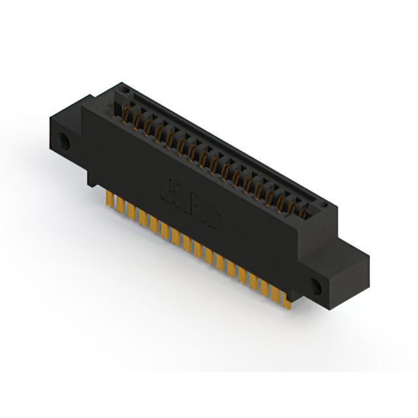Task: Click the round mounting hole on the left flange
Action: click(64, 140)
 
